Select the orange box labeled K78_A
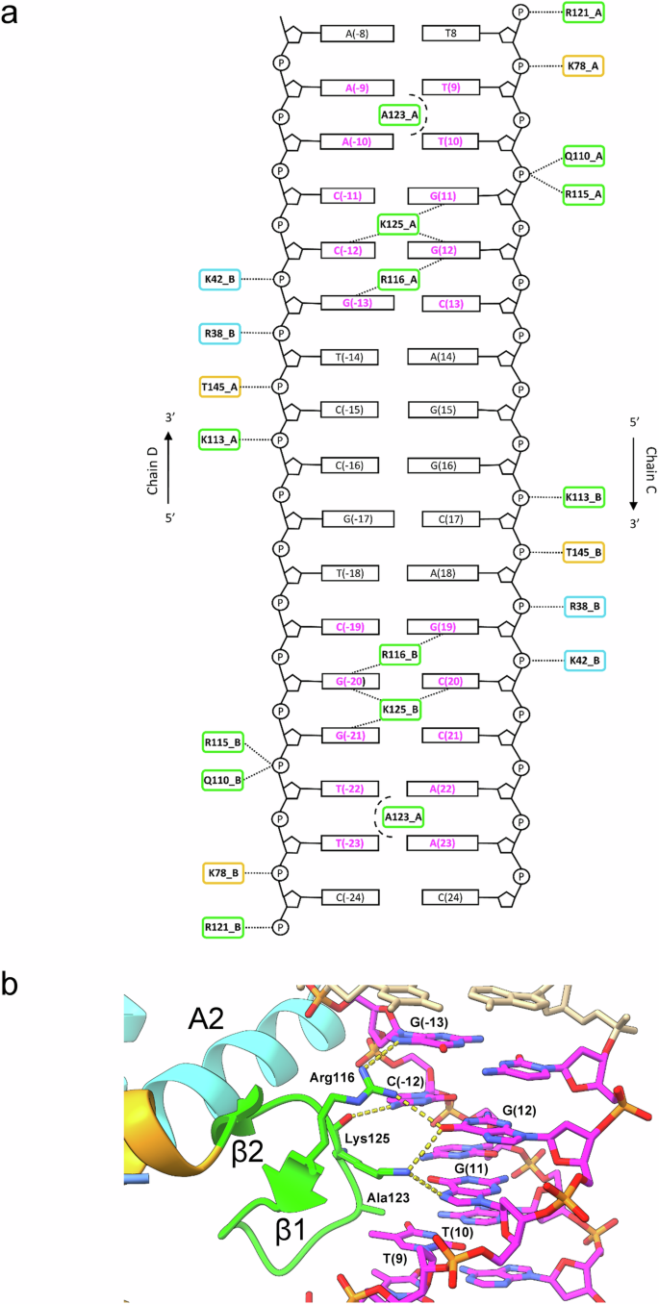pos(584,66)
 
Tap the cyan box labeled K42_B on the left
pos(220,279)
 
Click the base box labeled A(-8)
pos(357,34)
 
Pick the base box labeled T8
pos(450,34)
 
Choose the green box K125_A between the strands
pos(398,224)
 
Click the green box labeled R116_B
pos(399,655)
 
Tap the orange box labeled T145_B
pos(584,553)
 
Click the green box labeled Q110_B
pos(221,779)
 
